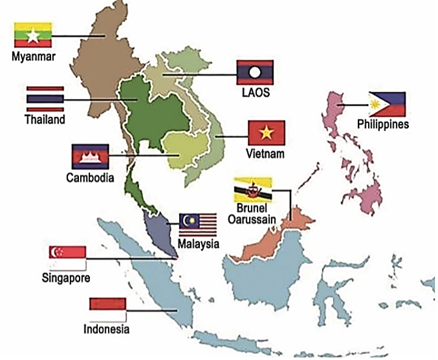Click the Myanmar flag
[x=33, y=36]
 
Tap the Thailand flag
[x=45, y=99]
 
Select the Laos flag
[x=255, y=73]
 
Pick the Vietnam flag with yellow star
[x=266, y=133]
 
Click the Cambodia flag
[x=90, y=157]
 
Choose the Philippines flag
[x=387, y=105]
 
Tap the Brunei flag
[x=253, y=190]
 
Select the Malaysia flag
[x=197, y=224]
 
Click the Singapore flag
[x=67, y=258]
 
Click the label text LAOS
[x=255, y=93]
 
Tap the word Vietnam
[x=265, y=153]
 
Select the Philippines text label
[x=383, y=125]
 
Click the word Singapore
[x=66, y=279]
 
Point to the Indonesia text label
[x=106, y=330]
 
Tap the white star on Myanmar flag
[x=33, y=36]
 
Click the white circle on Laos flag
[x=255, y=73]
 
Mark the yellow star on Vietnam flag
[x=266, y=132]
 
